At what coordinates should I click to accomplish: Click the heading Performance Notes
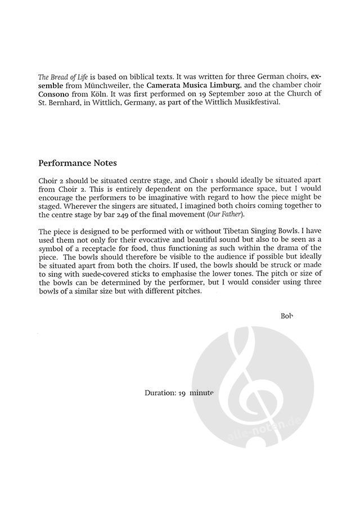pyautogui.click(x=78, y=164)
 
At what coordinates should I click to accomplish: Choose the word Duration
pyautogui.click(x=160, y=393)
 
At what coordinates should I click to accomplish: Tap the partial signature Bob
pyautogui.click(x=287, y=315)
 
